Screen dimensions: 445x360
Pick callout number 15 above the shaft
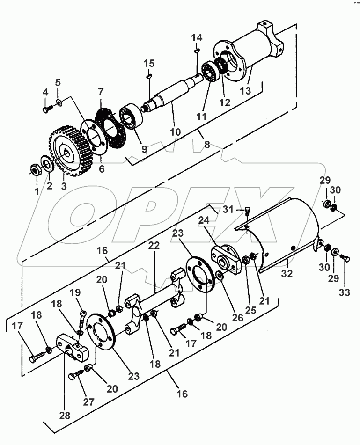click(x=148, y=63)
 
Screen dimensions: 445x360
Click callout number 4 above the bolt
click(x=45, y=93)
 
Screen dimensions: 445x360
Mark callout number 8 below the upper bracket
click(x=206, y=145)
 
